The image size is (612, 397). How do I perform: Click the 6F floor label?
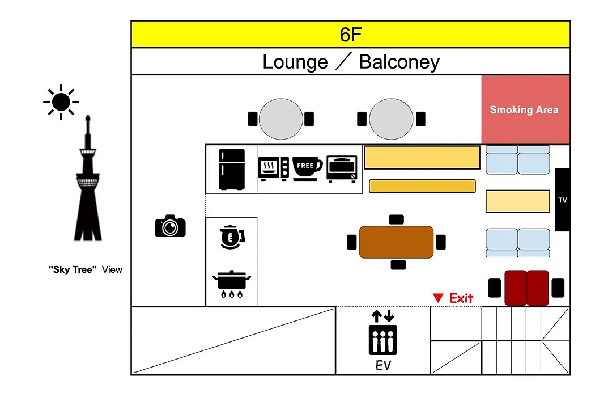[x=351, y=35]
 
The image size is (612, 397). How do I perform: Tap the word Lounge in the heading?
[x=295, y=62]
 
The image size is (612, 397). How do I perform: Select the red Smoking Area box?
[x=525, y=110]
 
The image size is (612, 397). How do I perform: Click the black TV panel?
[x=563, y=200]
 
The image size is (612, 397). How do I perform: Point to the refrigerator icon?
[x=232, y=169]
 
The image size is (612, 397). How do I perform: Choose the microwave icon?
[x=274, y=169]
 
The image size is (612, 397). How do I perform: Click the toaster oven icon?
[x=342, y=169]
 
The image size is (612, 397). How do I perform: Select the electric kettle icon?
[x=232, y=237]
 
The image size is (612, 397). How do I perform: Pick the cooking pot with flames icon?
[x=232, y=284]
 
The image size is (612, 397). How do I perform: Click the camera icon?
[x=170, y=226]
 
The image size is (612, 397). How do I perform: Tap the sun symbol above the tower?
[x=61, y=102]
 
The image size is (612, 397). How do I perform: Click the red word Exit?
[x=461, y=298]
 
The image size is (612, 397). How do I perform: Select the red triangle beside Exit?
[x=438, y=298]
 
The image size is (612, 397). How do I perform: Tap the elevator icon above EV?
[x=382, y=332]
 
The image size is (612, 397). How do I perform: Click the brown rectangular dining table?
[x=396, y=242]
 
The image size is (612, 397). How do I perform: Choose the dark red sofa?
[x=526, y=288]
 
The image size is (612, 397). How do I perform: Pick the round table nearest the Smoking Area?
[x=391, y=119]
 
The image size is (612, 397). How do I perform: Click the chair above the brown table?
[x=396, y=219]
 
